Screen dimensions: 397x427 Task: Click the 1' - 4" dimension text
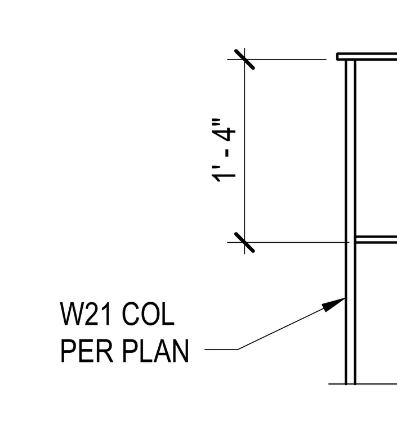coord(223,151)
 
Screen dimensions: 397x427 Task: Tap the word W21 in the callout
coord(85,314)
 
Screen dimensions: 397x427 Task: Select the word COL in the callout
coord(148,314)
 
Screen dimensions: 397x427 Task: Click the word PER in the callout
coord(87,351)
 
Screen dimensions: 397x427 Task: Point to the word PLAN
coord(155,351)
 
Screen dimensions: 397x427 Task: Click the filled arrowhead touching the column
coord(333,305)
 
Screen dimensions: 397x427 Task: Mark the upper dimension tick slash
coord(244,59)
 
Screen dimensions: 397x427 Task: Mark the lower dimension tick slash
coord(244,242)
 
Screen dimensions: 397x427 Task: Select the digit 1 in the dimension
coord(224,176)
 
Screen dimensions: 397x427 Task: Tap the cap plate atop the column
coord(367,56)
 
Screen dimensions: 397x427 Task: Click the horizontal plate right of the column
coord(376,239)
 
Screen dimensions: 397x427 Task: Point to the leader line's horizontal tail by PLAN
coord(221,349)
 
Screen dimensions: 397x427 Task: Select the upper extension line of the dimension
coord(276,59)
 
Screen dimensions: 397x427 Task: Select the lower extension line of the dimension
coord(288,242)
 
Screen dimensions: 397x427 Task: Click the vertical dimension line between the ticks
coord(244,151)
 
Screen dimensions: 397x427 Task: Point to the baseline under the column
coord(363,384)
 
